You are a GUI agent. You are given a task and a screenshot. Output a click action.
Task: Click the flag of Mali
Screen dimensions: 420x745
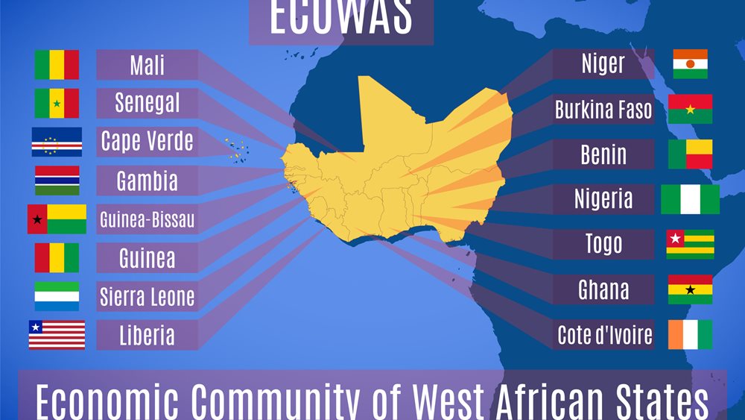pyautogui.click(x=57, y=65)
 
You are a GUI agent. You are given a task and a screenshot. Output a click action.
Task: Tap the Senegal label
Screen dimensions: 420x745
pyautogui.click(x=148, y=103)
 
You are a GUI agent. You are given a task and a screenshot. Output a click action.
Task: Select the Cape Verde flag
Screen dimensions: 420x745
pyautogui.click(x=57, y=142)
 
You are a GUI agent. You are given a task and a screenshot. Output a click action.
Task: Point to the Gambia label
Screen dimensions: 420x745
pyautogui.click(x=148, y=181)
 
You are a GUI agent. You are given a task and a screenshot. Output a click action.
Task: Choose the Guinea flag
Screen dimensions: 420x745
pyautogui.click(x=57, y=258)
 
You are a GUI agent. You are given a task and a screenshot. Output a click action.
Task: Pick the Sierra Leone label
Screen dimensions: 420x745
pyautogui.click(x=148, y=297)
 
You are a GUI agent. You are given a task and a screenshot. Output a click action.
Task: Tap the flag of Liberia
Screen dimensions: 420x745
pyautogui.click(x=57, y=335)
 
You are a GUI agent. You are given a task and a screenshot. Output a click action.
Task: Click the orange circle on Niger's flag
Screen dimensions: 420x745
pyautogui.click(x=690, y=64)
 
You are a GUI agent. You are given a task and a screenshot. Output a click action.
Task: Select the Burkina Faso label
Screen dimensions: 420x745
pyautogui.click(x=603, y=110)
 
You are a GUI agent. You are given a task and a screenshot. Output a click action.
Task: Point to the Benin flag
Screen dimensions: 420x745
pyautogui.click(x=690, y=154)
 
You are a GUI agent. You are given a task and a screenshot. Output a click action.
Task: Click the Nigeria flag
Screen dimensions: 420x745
pyautogui.click(x=690, y=199)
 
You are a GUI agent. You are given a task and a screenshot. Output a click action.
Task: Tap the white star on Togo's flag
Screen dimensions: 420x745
pyautogui.click(x=675, y=239)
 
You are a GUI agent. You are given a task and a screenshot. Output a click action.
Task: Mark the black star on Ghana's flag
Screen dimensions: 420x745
pyautogui.click(x=690, y=289)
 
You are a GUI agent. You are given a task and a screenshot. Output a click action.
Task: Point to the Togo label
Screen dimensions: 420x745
pyautogui.click(x=603, y=244)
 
